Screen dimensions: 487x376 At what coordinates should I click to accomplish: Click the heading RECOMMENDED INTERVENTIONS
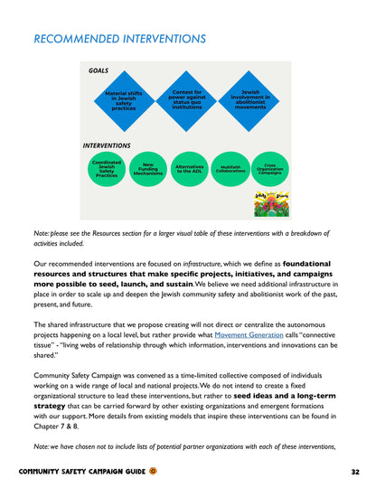(119, 40)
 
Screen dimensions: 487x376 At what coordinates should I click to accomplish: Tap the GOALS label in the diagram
(99, 70)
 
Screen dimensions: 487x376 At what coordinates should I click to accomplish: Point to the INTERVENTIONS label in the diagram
(107, 145)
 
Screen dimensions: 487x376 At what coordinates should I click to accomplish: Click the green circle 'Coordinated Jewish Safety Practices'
(107, 169)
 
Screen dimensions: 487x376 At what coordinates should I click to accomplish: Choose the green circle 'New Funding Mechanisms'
(147, 169)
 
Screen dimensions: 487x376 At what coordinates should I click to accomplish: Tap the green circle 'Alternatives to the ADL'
(190, 169)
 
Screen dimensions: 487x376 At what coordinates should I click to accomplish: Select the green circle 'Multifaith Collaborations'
(230, 169)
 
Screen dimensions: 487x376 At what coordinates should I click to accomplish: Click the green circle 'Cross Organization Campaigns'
(269, 169)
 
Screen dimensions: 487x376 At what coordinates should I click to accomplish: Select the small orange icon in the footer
(153, 472)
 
